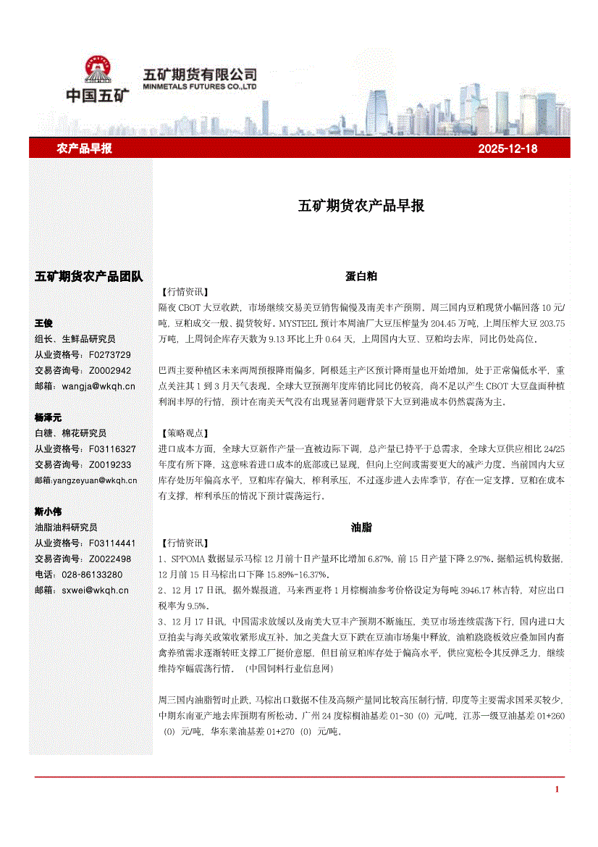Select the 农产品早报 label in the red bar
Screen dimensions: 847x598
click(x=84, y=149)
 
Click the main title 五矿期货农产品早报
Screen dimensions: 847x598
click(x=361, y=206)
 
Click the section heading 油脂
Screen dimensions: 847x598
click(x=361, y=527)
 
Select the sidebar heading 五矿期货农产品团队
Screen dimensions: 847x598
click(x=89, y=276)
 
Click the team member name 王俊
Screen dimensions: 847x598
click(x=45, y=323)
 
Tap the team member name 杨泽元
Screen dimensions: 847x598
click(x=49, y=417)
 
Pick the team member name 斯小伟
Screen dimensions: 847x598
click(x=49, y=512)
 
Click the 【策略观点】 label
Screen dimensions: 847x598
click(x=182, y=434)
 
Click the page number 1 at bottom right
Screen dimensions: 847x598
click(x=557, y=789)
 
